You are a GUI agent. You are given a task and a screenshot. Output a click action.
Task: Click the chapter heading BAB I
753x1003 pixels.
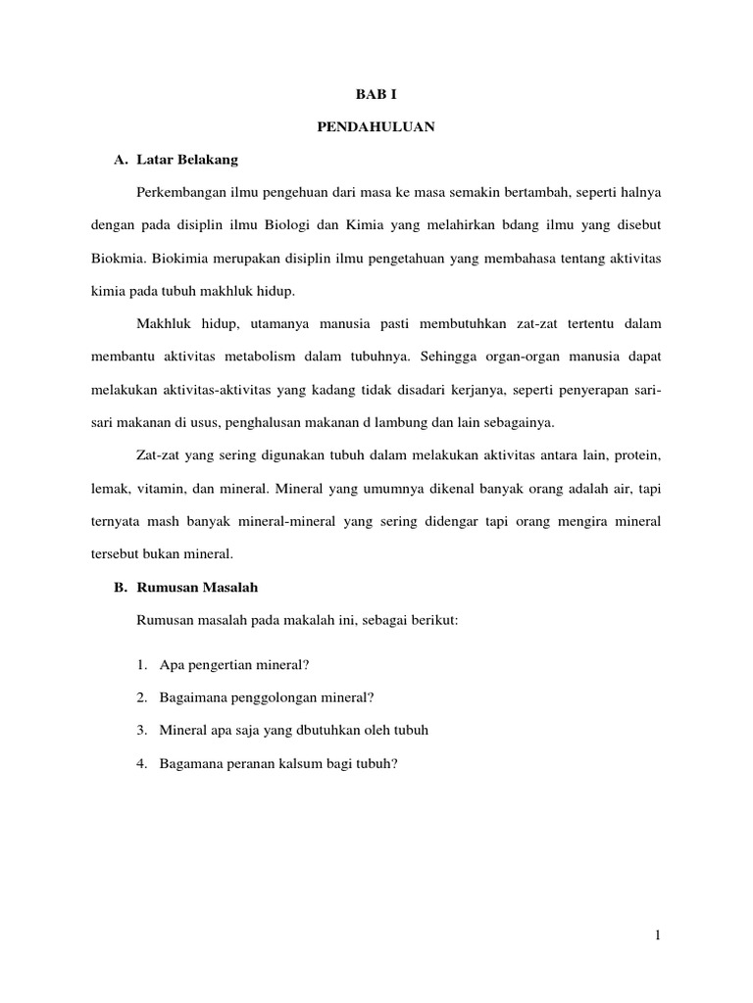click(x=376, y=95)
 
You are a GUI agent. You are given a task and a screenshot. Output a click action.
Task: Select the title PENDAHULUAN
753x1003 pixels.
click(x=376, y=126)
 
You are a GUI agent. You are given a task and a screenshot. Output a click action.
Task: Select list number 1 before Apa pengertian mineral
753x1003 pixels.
click(x=142, y=666)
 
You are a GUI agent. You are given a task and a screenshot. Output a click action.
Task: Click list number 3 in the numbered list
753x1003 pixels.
click(x=142, y=730)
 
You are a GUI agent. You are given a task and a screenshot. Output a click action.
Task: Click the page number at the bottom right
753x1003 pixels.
click(x=659, y=937)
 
